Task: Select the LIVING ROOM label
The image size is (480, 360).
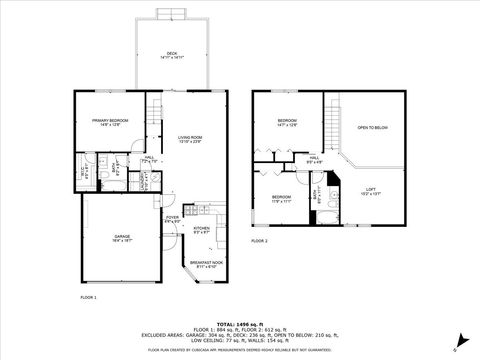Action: pos(190,138)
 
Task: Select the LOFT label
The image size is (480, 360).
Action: pos(370,189)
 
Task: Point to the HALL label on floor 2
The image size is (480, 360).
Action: pos(313,158)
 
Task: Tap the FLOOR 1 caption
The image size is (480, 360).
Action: pos(88,298)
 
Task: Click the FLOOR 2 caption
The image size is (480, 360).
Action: pos(259,241)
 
